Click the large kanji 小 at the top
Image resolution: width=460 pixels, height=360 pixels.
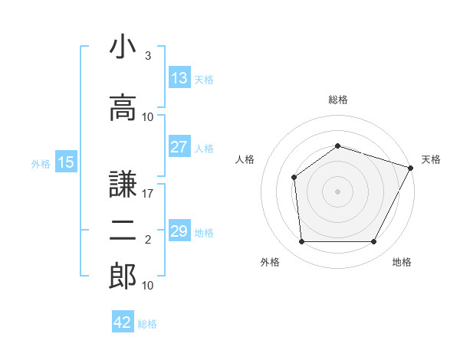[x=123, y=46]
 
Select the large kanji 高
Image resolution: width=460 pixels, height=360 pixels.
[x=123, y=107]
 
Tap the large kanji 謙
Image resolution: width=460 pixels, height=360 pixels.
[x=123, y=184]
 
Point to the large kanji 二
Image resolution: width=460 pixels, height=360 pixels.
[x=123, y=231]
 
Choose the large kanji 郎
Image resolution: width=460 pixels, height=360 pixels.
[x=123, y=276]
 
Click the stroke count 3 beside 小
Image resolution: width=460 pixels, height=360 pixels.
[x=148, y=55]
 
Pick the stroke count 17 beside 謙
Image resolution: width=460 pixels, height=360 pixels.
[x=147, y=194]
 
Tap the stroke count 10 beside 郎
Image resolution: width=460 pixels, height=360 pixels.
[x=147, y=285]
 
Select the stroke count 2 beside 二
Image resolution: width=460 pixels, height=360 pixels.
[x=148, y=240]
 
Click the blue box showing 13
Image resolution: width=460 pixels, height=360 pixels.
[x=179, y=77]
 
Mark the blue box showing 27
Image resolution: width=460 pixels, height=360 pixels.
[x=179, y=146]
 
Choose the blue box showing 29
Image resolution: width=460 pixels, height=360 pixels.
[x=179, y=230]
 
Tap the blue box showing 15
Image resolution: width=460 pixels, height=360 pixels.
[x=66, y=161]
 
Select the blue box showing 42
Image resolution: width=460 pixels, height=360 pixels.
[x=123, y=321]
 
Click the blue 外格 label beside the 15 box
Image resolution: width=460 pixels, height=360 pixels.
[x=41, y=164]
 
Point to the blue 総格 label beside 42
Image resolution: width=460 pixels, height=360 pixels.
[x=147, y=324]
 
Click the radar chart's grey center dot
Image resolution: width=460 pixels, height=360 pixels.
[x=337, y=191]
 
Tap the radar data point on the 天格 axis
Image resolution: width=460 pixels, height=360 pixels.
[x=410, y=168]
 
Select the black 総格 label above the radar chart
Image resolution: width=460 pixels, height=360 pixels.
[x=338, y=100]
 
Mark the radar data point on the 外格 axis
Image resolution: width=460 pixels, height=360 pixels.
[x=301, y=241]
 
